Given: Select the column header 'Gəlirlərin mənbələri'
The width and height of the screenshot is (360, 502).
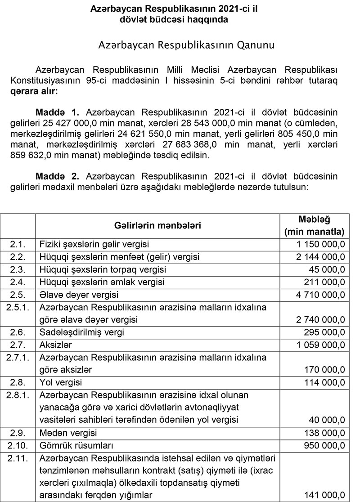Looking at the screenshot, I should (x=157, y=225).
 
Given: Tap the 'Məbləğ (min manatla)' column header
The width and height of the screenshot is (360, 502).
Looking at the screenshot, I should (x=315, y=225).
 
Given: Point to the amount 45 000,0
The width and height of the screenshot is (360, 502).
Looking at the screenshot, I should (x=327, y=269).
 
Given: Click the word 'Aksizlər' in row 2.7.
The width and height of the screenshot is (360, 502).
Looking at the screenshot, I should (x=56, y=345).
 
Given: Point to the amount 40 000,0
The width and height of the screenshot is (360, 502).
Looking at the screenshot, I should (x=327, y=420).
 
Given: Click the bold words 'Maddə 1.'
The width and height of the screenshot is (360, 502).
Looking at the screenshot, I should (x=59, y=111).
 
